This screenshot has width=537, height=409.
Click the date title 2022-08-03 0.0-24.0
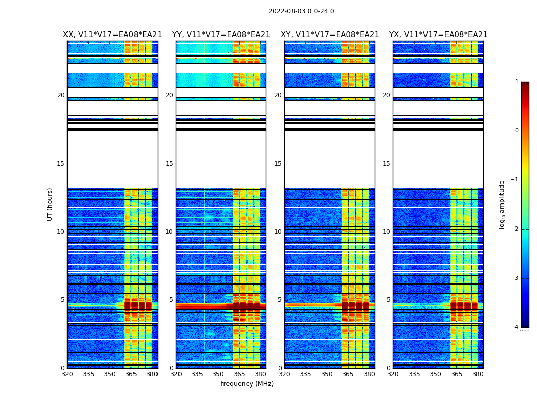[301, 11]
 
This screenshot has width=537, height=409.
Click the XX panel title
[113, 35]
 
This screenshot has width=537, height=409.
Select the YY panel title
[221, 35]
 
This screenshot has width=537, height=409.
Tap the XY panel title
[330, 35]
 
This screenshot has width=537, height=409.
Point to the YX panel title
[438, 35]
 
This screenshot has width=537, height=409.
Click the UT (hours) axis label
[50, 204]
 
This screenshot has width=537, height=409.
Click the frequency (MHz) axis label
[247, 384]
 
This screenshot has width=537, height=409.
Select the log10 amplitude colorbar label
[502, 204]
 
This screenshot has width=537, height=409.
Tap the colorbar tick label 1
[517, 82]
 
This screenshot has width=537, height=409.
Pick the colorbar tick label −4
[515, 327]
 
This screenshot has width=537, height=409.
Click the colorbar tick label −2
[515, 229]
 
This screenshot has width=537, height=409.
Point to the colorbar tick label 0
[517, 131]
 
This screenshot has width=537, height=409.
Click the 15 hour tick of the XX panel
[61, 164]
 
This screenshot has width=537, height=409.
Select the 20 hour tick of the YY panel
[169, 95]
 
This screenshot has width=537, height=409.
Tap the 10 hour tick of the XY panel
[278, 232]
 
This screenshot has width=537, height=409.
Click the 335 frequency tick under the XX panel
[88, 374]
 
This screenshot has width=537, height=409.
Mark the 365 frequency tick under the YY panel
[239, 374]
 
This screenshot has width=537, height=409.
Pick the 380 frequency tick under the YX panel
[478, 374]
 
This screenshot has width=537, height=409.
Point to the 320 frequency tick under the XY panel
[284, 374]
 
